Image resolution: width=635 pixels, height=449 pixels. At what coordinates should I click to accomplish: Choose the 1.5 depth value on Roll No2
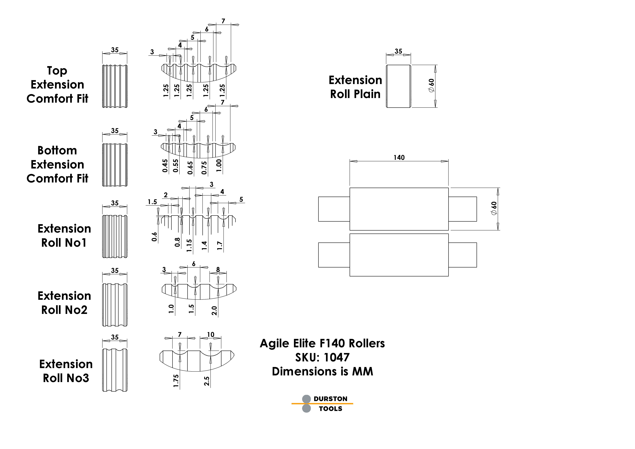[191, 309]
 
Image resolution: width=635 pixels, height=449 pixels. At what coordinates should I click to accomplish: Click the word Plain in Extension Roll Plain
[367, 94]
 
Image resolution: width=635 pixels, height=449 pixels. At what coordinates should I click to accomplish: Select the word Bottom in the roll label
[57, 150]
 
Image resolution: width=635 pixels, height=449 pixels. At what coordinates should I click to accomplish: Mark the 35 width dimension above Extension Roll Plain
[398, 51]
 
